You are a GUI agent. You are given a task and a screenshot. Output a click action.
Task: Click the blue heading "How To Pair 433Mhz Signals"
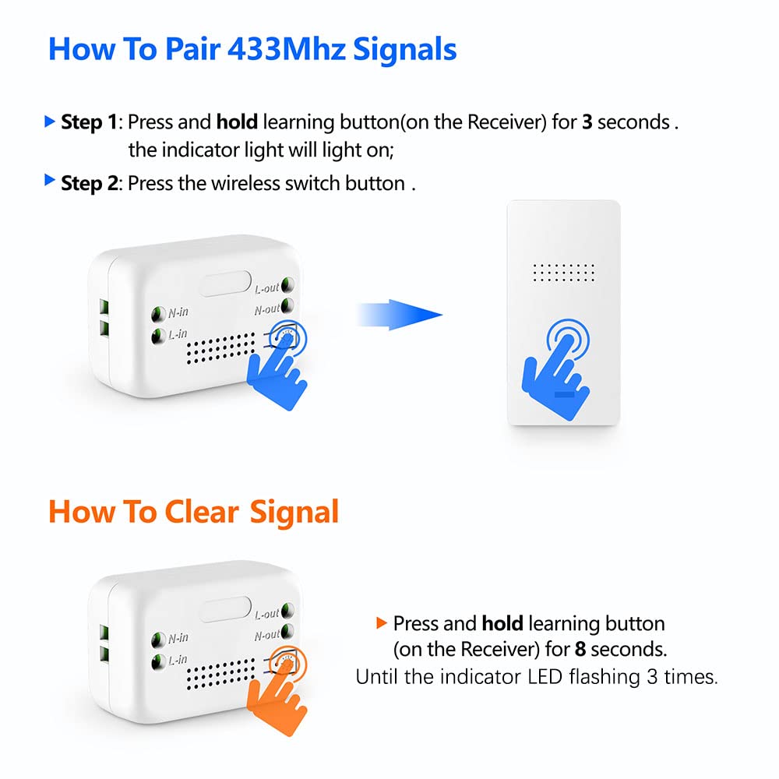[x=252, y=48]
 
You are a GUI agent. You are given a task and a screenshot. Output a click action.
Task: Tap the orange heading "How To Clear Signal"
[x=193, y=512]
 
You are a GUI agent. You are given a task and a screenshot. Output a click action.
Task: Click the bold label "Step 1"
[x=89, y=122]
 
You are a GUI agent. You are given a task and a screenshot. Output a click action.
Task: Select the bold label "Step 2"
[x=89, y=183]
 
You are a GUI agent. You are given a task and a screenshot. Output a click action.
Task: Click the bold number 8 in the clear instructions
[x=580, y=649]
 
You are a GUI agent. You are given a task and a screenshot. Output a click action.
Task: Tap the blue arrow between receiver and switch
[x=399, y=315]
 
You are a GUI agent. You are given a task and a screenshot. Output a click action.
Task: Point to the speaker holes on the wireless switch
[x=564, y=273]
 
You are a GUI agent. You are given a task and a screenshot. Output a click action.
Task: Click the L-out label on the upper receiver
[x=266, y=288]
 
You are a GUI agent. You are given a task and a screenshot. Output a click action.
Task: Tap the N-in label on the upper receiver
[x=178, y=313]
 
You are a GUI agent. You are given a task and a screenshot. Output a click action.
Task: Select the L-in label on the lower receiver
[x=178, y=661]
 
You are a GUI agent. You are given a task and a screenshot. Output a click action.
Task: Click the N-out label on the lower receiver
[x=266, y=635]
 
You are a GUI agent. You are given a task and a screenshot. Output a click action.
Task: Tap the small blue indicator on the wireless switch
[x=564, y=395]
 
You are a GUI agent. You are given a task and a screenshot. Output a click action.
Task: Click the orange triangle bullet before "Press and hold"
[x=381, y=622]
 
